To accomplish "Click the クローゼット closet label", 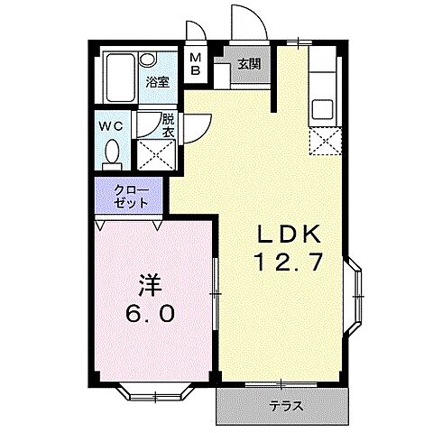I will coord(127,196).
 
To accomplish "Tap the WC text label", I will coord(111,126).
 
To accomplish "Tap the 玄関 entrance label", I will coord(249,64).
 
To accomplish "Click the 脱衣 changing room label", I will coord(168,125).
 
